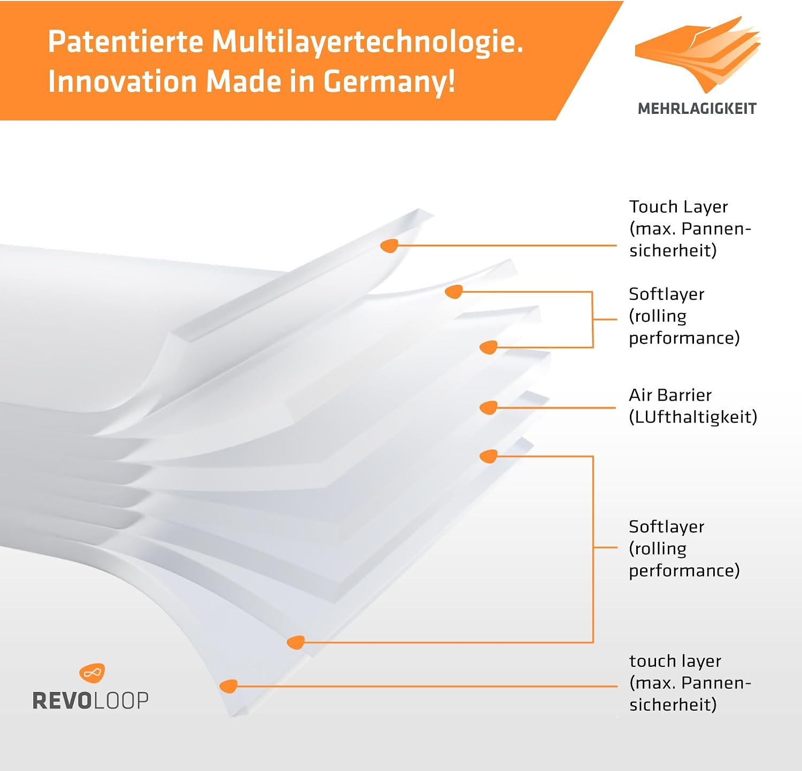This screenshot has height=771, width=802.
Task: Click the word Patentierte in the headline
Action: (x=126, y=41)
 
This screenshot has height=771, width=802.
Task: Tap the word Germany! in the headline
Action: (x=389, y=82)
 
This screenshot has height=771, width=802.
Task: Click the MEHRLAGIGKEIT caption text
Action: (x=697, y=108)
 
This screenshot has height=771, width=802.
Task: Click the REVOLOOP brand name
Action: (x=90, y=700)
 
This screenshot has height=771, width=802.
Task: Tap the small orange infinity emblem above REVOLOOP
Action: (x=92, y=673)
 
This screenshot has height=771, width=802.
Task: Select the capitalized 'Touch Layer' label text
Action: (x=678, y=207)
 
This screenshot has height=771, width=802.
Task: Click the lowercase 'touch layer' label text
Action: (x=675, y=661)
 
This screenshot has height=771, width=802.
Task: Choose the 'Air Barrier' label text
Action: (x=670, y=395)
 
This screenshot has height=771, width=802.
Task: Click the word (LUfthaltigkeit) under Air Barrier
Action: (x=693, y=417)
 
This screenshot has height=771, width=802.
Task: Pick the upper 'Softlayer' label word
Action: (x=666, y=294)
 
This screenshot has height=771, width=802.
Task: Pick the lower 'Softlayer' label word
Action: (x=666, y=527)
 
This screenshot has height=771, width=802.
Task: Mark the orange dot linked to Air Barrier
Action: (x=489, y=408)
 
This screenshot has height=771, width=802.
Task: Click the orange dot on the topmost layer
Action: (x=389, y=246)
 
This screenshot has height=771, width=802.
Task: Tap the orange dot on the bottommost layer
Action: (x=229, y=686)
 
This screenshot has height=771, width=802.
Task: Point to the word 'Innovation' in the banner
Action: (x=122, y=82)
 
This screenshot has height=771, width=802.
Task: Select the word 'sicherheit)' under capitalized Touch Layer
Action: (x=673, y=251)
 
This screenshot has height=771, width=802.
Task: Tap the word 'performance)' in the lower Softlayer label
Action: (x=684, y=571)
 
